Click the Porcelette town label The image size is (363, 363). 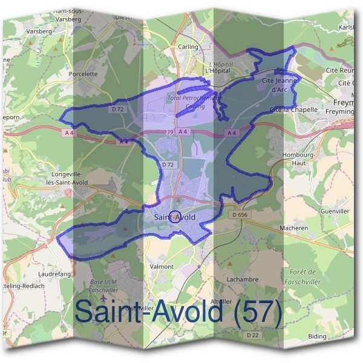click(83, 74)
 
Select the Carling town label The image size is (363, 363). click(188, 47)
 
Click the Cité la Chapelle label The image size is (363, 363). click(293, 110)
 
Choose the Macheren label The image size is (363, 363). click(294, 228)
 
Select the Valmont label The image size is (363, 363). click(161, 266)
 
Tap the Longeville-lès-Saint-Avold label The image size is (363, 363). click(67, 178)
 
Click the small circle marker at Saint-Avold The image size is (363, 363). click(174, 217)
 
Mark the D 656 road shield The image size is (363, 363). click(240, 214)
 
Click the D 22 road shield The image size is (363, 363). click(252, 335)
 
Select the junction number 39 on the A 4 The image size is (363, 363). click(169, 132)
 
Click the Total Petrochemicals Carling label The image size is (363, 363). click(186, 102)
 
